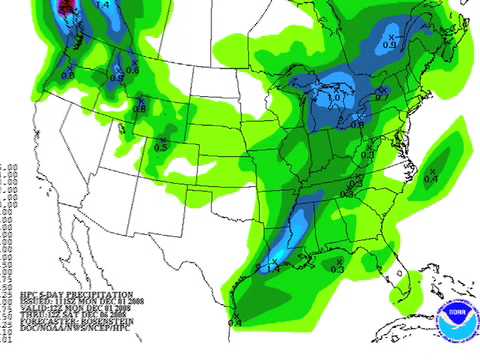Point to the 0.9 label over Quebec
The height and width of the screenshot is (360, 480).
[x=391, y=45]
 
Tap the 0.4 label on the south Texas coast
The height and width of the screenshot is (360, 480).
[x=236, y=323]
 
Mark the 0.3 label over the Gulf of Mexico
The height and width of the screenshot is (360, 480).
[x=337, y=269]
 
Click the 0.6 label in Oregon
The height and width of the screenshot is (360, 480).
[x=69, y=73]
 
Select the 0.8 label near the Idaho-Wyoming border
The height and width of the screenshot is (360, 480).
[x=139, y=108]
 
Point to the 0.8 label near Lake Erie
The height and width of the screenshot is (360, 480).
[x=358, y=123]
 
